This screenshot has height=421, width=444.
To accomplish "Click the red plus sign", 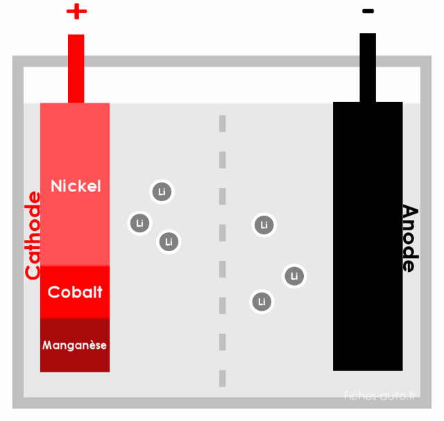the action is pos(76,11).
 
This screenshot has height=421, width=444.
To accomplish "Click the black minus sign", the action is pos(368,11).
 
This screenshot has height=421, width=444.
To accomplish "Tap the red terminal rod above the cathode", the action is pos(76,69).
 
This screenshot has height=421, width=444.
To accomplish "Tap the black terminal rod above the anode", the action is pos(368,67).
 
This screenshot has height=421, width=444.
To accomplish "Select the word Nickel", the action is pos(76,186).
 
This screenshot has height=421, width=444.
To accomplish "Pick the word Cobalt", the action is pos(75,292).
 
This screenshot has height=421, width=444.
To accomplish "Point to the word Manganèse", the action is pos(74,345).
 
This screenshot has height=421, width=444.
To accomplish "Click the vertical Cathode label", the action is pos(33,236).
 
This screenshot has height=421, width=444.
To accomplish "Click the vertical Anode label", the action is pos(410,238).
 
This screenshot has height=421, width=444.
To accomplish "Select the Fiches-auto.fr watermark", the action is pos(379,395).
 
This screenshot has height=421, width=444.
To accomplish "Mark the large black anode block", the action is pos(368,236).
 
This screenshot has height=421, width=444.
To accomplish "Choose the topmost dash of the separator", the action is pos(223,123).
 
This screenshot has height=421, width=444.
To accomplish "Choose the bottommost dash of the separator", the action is pos(223,378).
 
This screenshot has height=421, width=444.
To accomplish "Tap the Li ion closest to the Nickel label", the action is pos(162,191).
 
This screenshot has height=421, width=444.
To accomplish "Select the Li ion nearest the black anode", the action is pos(294,276).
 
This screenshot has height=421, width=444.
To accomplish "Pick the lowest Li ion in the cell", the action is pos(262,302).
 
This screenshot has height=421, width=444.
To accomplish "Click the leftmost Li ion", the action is pos(140,223).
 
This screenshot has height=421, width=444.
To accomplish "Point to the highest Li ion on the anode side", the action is pos(264,225).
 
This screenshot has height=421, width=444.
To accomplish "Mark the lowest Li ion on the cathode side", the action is pos(169,242).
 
